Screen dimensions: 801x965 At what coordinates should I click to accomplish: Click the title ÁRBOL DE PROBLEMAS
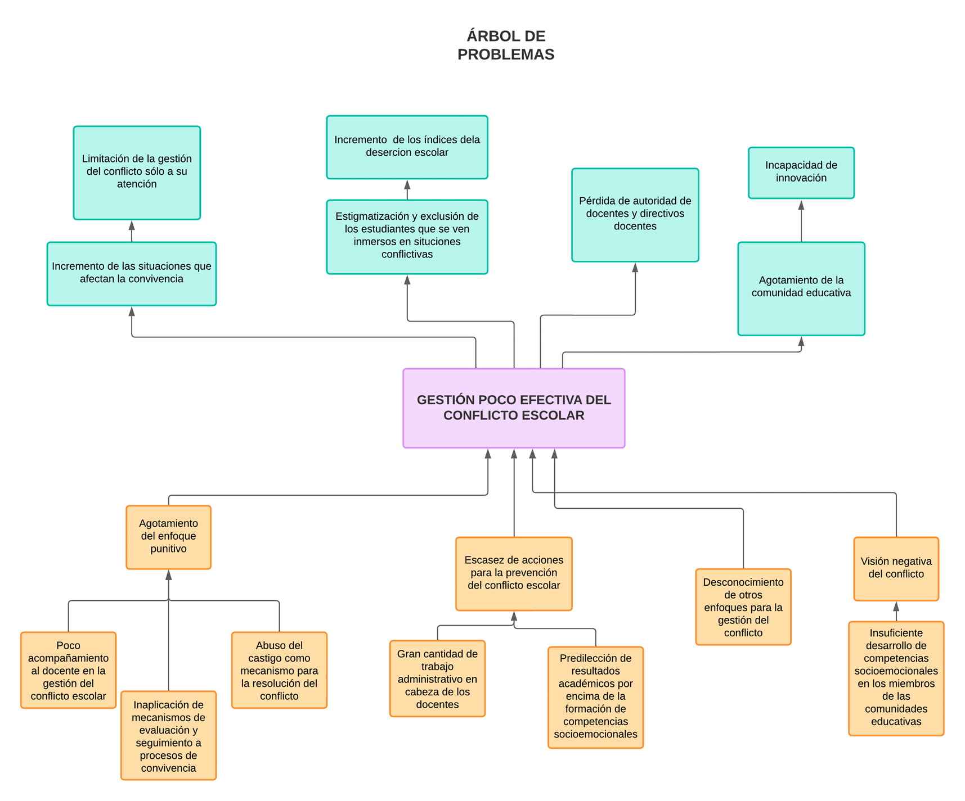click(x=505, y=45)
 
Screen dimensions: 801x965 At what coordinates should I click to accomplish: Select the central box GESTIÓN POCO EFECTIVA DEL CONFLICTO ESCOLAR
click(x=513, y=408)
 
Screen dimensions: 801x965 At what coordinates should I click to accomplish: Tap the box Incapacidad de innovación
click(x=801, y=173)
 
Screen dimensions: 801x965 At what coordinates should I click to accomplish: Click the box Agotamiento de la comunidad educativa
click(x=801, y=288)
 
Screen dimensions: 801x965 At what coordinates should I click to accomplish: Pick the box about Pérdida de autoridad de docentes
click(x=635, y=215)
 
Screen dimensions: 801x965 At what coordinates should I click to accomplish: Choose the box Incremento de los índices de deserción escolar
click(x=407, y=147)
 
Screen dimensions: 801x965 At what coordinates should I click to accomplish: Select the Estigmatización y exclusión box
click(x=407, y=237)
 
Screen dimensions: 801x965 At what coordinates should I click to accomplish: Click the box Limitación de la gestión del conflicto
click(x=137, y=173)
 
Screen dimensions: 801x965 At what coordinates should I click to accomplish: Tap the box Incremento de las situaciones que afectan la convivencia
click(x=131, y=274)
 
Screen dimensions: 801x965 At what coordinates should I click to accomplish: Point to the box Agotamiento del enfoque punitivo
click(x=168, y=537)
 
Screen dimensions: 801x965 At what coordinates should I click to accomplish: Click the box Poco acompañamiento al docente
click(x=68, y=670)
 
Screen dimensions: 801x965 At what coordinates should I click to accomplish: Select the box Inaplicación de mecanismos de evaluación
click(x=168, y=735)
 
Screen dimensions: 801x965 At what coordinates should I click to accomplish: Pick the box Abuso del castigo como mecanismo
click(x=279, y=670)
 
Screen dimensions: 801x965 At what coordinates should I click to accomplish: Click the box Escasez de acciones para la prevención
click(x=513, y=573)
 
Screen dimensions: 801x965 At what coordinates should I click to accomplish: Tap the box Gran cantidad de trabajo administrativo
click(x=437, y=678)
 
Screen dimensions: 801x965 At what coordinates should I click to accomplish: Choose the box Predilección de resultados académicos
click(x=595, y=697)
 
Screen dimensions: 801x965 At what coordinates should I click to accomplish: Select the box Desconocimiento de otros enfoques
click(x=743, y=607)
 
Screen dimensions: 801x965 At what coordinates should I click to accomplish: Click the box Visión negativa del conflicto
click(x=896, y=568)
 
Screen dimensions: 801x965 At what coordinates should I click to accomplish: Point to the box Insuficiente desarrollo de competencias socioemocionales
click(x=896, y=678)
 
